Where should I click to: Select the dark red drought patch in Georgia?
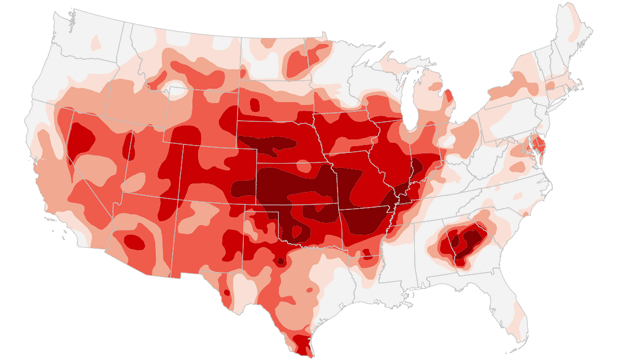click(461, 242)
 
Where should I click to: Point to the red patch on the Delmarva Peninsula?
click(539, 150)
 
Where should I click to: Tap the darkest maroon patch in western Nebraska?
click(265, 146)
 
